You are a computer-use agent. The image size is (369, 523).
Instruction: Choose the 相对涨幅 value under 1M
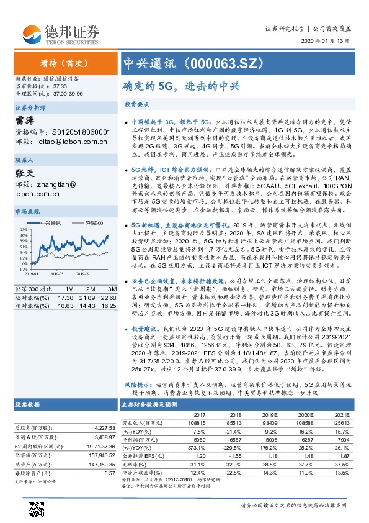point(66,306)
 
